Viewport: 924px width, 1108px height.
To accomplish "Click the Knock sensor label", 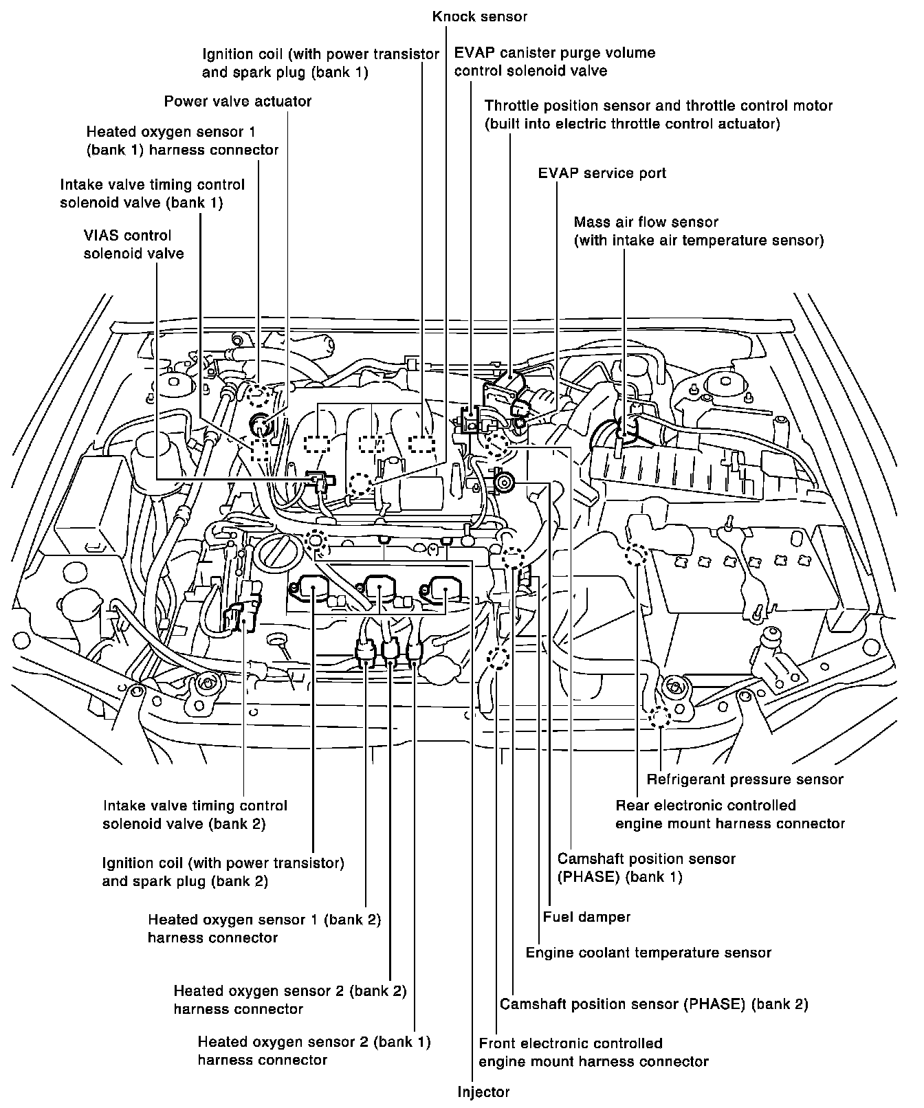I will (x=479, y=16).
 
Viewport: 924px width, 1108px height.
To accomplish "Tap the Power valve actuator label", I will (x=238, y=102).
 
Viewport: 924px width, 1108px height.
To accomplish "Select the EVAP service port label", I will (x=602, y=173).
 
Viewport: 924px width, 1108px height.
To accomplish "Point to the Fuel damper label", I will (x=586, y=916).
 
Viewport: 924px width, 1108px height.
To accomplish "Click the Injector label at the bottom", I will (x=483, y=1092).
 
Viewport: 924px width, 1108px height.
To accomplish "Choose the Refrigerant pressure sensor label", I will (x=745, y=779).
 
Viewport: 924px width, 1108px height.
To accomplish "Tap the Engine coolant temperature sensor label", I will (x=648, y=953).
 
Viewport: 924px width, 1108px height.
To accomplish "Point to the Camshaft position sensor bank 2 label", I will (x=654, y=1004).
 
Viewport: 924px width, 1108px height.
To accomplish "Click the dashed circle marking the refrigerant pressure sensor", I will (x=659, y=716).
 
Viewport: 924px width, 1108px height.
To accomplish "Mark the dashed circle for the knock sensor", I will (x=360, y=485).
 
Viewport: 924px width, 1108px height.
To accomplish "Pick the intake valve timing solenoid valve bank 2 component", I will (x=242, y=613).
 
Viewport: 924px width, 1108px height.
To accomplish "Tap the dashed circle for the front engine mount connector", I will (x=498, y=658).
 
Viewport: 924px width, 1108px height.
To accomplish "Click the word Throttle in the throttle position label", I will (x=512, y=106).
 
